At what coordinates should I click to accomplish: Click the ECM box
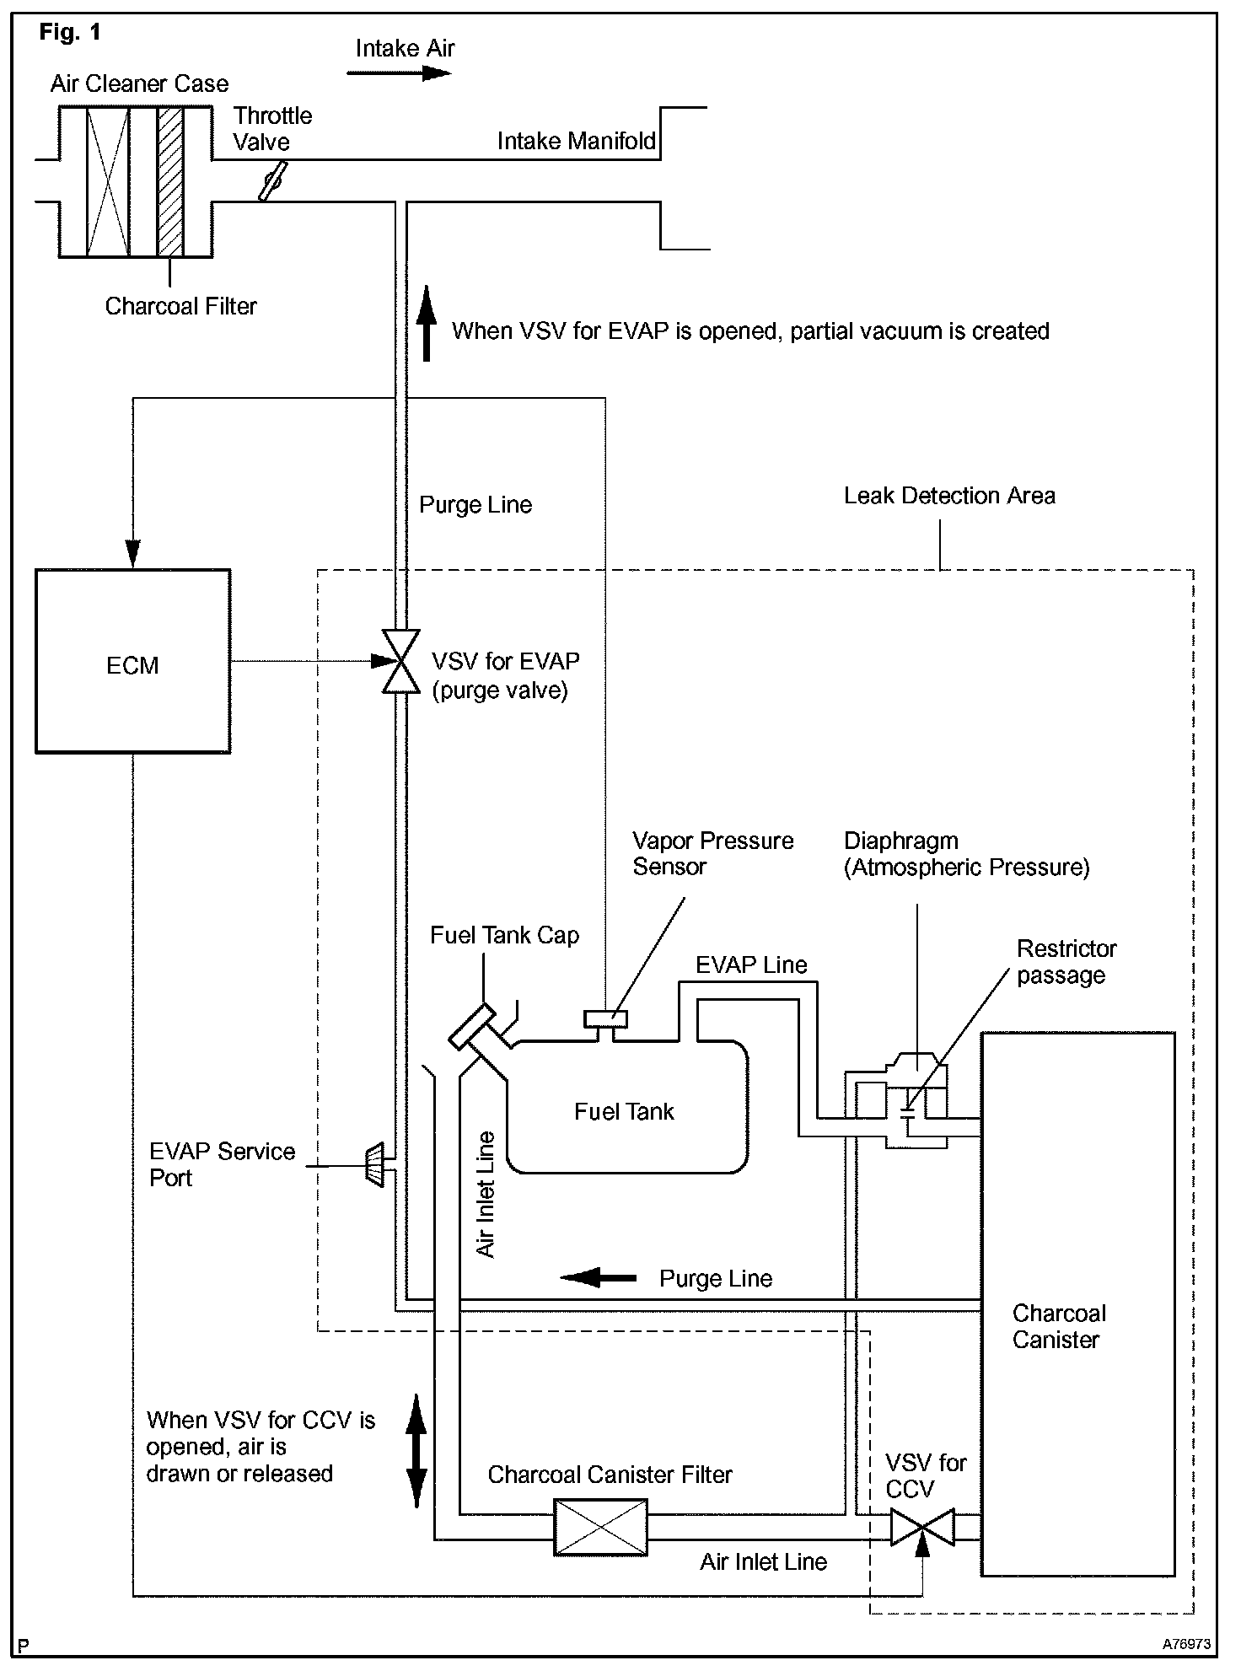[x=132, y=661]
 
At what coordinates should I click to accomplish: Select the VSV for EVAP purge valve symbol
[x=401, y=661]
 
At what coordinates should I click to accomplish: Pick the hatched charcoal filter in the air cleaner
[x=170, y=181]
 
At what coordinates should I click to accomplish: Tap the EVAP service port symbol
[x=374, y=1165]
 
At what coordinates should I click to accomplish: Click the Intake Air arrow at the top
[x=400, y=73]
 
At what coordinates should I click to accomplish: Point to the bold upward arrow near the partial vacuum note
[x=427, y=323]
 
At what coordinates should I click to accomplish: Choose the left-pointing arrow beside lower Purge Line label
[x=599, y=1278]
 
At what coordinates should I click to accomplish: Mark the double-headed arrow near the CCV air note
[x=416, y=1451]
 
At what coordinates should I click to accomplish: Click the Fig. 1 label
[x=70, y=33]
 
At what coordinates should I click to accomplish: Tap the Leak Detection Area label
[x=949, y=496]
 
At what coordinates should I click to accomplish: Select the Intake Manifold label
[x=577, y=141]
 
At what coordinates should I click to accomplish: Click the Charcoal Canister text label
[x=1059, y=1326]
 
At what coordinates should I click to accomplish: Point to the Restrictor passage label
[x=1066, y=962]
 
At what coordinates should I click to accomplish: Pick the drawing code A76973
[x=1187, y=1644]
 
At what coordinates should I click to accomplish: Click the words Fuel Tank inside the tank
[x=624, y=1111]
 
